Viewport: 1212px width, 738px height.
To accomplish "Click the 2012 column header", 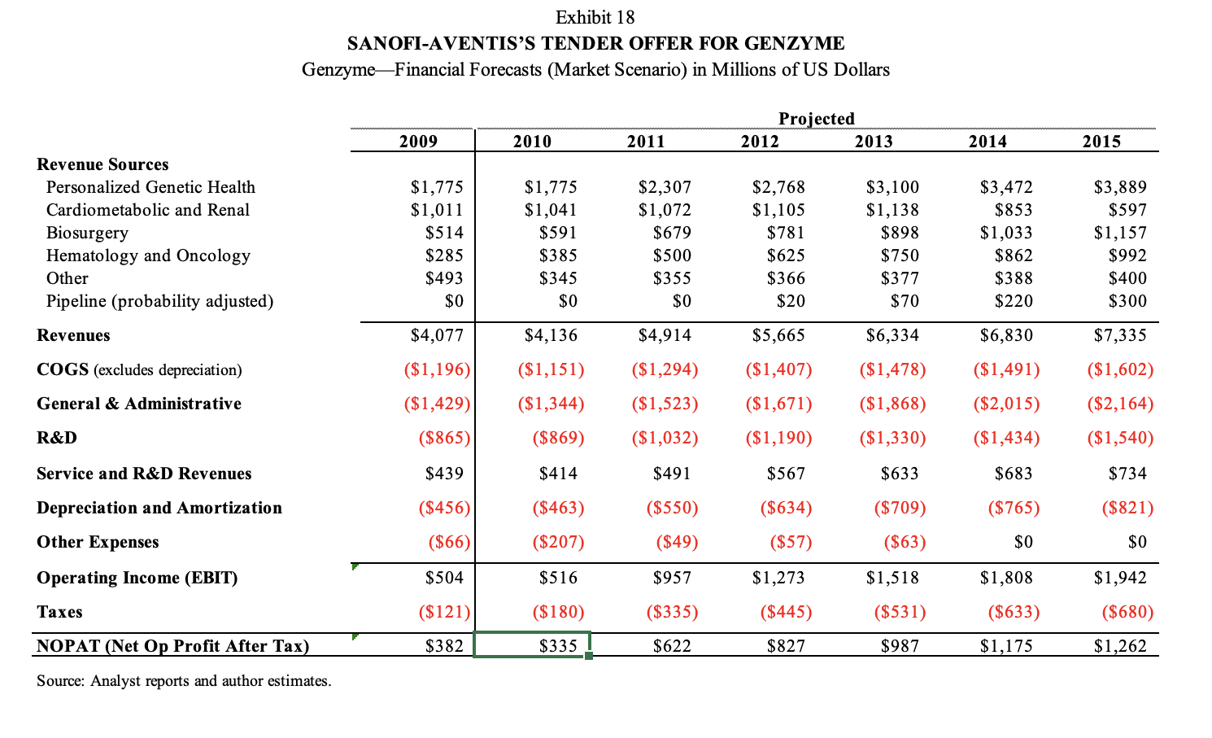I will point(760,142).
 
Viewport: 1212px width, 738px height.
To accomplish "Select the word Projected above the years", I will point(817,119).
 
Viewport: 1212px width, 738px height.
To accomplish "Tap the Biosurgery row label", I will point(87,233).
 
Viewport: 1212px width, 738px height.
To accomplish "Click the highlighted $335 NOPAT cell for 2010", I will point(558,646).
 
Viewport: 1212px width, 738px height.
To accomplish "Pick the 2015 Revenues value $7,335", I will point(1120,335).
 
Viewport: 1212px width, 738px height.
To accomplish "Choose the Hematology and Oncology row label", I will point(148,255).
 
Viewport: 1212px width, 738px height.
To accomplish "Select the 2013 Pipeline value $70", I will point(905,301).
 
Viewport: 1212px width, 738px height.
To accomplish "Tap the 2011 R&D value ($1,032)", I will point(665,438).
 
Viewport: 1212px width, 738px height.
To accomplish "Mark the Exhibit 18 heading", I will point(595,17).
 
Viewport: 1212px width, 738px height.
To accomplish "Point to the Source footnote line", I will point(184,681).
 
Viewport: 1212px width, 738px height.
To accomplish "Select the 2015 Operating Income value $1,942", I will point(1120,578).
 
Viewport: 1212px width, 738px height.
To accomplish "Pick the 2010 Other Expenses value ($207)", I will point(558,542).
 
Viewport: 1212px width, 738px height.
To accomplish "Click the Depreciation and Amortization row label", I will point(159,508).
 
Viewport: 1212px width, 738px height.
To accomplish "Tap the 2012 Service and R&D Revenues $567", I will point(786,474).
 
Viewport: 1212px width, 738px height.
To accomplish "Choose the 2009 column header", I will point(418,142).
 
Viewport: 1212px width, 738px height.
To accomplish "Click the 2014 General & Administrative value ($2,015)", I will point(1006,404).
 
